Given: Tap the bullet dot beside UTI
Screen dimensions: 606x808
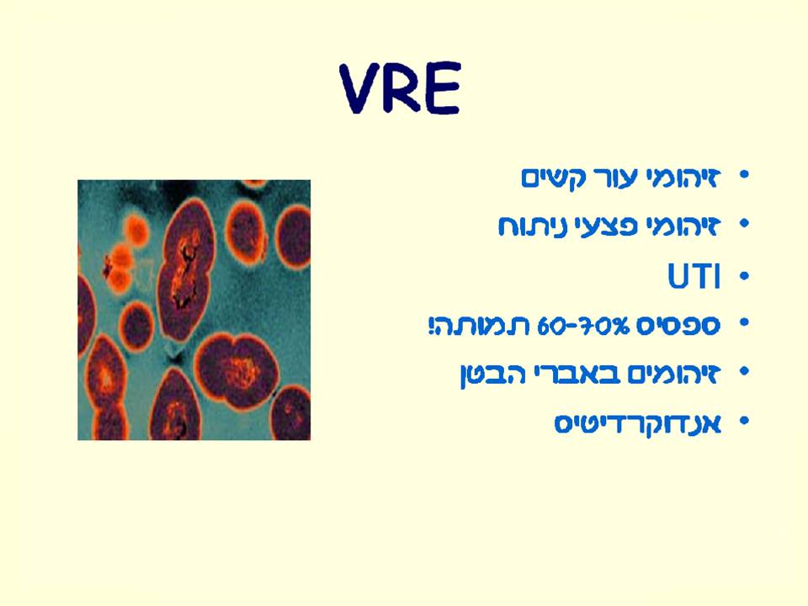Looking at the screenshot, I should [742, 277].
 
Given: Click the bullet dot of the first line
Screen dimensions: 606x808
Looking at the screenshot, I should [742, 178].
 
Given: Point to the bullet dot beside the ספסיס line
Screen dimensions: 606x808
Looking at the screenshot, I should [742, 325].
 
